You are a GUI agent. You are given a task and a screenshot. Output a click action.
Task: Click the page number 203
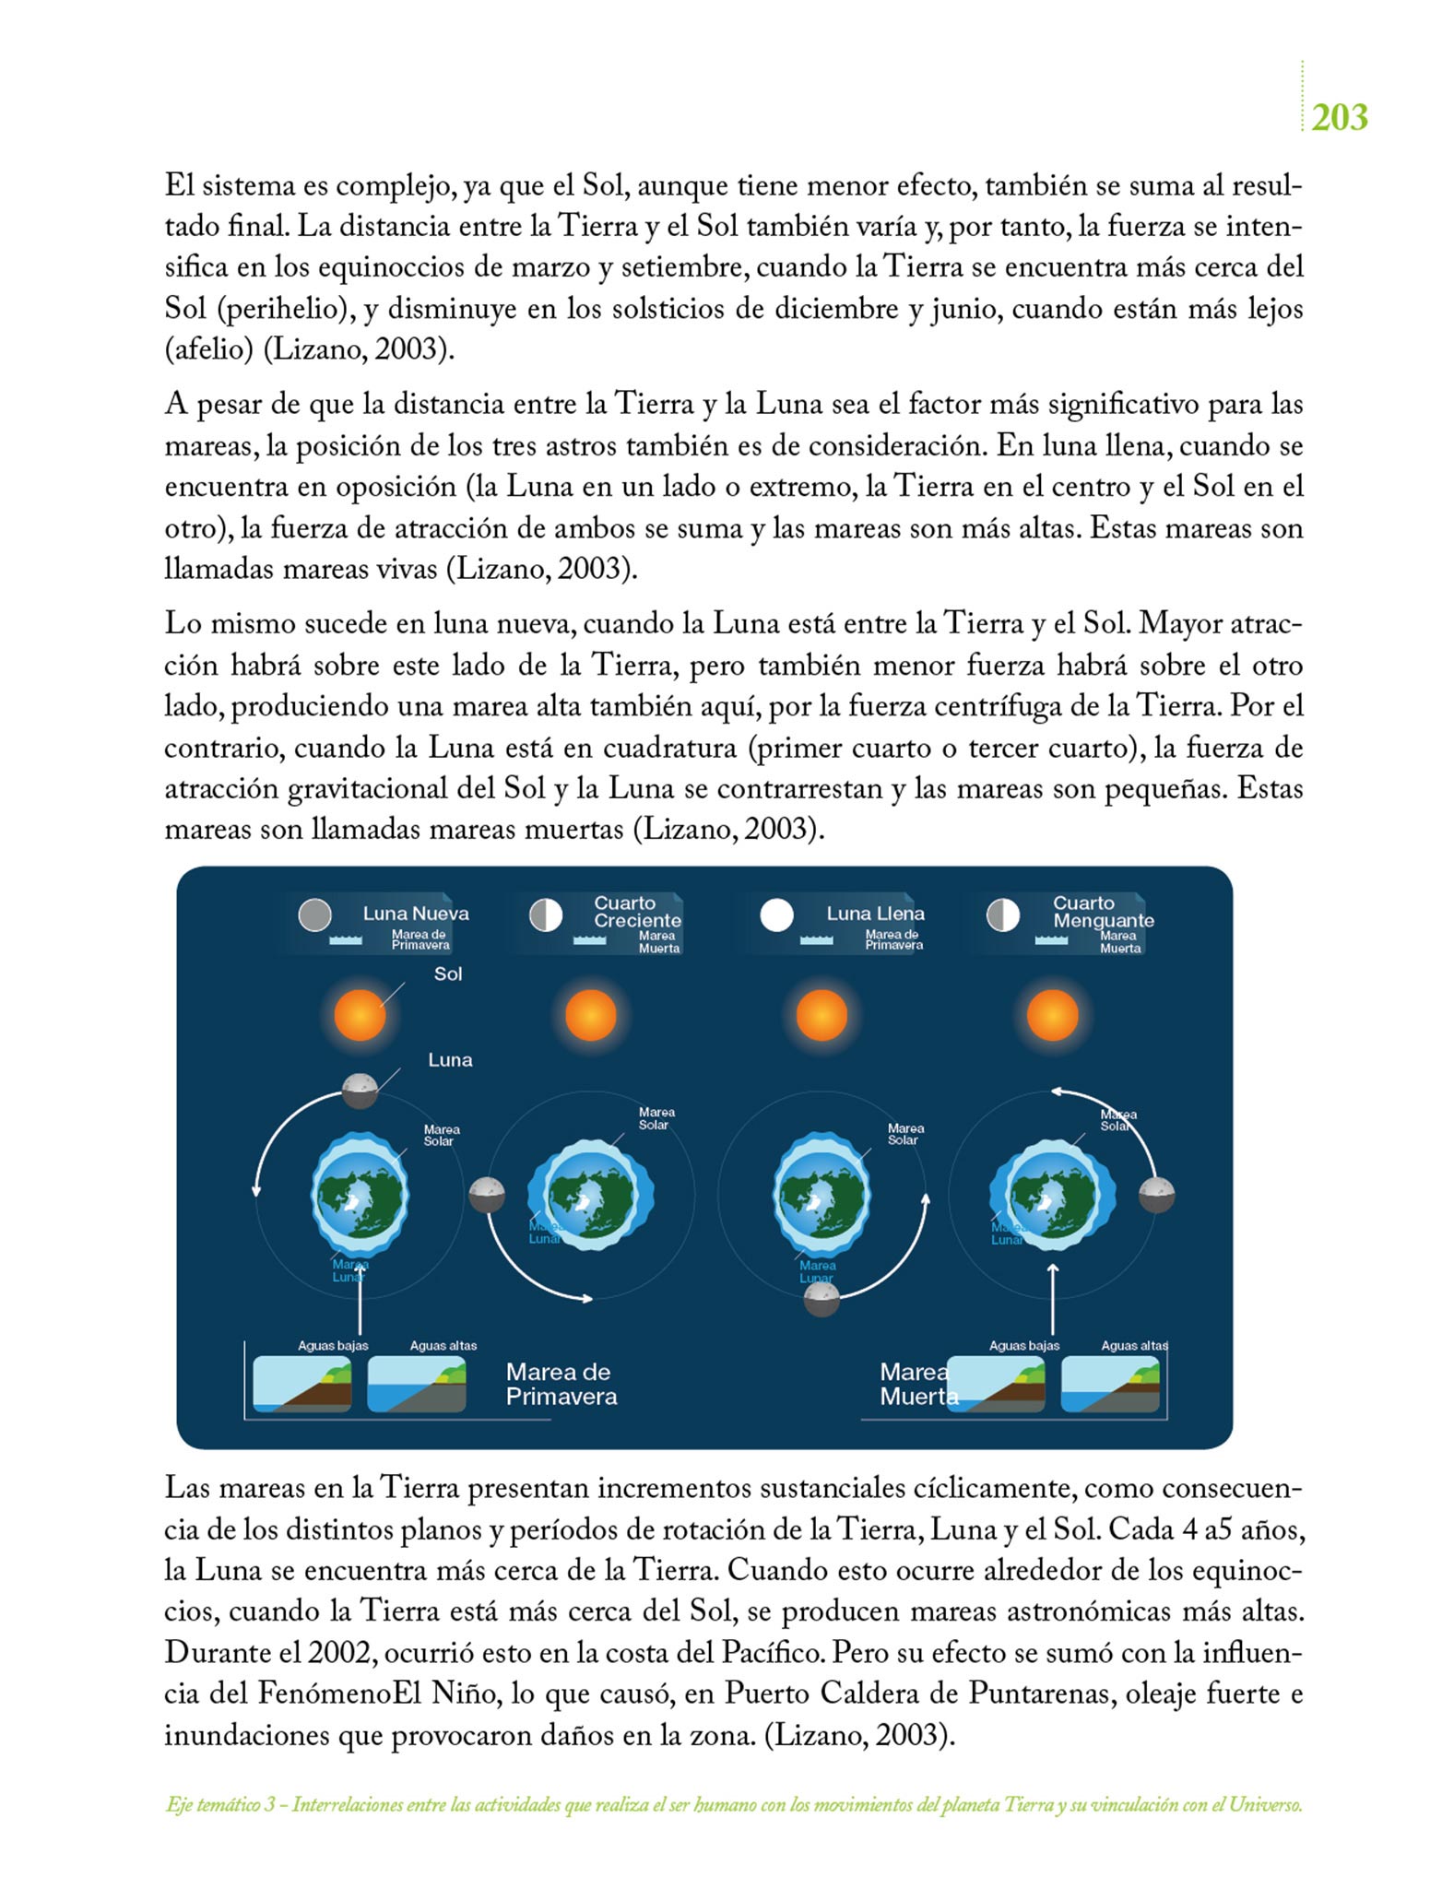coord(1339,118)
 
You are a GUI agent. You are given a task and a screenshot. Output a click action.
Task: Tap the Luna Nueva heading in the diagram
coord(415,914)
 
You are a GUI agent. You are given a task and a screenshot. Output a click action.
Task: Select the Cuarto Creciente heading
coord(637,912)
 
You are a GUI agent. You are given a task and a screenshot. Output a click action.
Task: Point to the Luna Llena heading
coord(875,914)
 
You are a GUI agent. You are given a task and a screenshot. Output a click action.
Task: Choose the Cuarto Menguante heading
coord(1103,912)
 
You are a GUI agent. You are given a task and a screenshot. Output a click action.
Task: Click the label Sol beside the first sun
coord(448,973)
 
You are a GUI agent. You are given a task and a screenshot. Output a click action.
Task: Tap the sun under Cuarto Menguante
coord(1052,1015)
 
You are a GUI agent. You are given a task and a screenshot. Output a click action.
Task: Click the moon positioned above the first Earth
coord(360,1091)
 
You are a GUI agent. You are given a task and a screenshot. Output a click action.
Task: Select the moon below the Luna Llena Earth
coord(821,1300)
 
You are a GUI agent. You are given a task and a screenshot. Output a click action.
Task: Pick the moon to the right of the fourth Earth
coord(1157,1196)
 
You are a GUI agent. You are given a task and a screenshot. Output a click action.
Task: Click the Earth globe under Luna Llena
coord(821,1195)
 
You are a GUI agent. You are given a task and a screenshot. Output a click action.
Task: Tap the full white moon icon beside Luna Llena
coord(776,915)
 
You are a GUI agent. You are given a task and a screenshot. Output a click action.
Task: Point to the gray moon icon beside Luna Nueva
coord(315,915)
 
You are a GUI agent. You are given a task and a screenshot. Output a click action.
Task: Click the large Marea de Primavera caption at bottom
coord(561,1384)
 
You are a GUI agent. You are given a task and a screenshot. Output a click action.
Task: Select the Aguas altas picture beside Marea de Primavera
coord(417,1384)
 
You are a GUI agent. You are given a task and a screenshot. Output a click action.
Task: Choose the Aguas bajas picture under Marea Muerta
coord(996,1384)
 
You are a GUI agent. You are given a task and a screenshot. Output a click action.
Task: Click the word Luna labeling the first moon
coord(450,1060)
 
